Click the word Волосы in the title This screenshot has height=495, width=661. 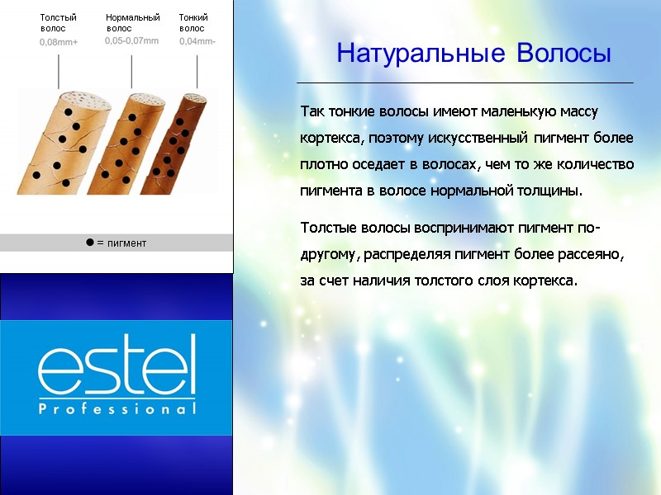pos(564,54)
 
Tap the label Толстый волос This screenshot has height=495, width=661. pos(58,22)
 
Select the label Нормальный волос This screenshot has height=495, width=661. pos(132,22)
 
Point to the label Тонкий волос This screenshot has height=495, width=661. pos(193,22)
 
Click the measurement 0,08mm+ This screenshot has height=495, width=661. pos(59,42)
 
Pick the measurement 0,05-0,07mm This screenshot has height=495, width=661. pos(131,40)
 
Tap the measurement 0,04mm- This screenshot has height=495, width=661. pos(197,41)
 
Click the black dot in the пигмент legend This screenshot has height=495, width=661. pos(88,243)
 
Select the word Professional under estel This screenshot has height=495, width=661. pos(117,409)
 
